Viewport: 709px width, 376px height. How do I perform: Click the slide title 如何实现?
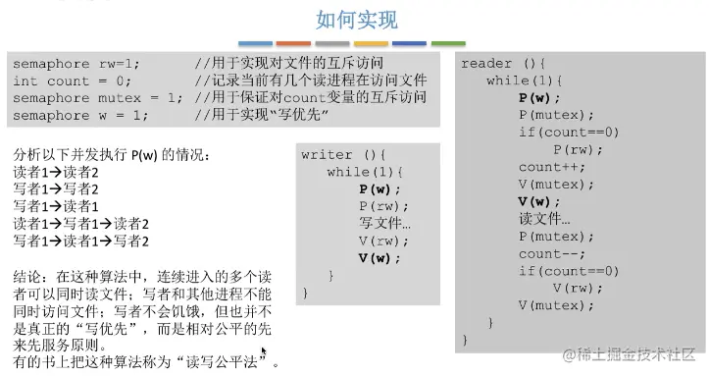[x=356, y=21]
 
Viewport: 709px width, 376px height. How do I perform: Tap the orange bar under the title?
[x=293, y=43]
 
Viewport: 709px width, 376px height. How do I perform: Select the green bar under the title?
[x=447, y=43]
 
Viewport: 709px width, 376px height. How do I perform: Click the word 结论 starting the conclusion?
[x=29, y=276]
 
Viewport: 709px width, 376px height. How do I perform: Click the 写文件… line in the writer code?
[x=385, y=223]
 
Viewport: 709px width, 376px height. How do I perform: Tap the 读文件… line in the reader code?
[x=544, y=218]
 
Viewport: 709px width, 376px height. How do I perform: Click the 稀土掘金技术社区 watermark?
[x=628, y=350]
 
